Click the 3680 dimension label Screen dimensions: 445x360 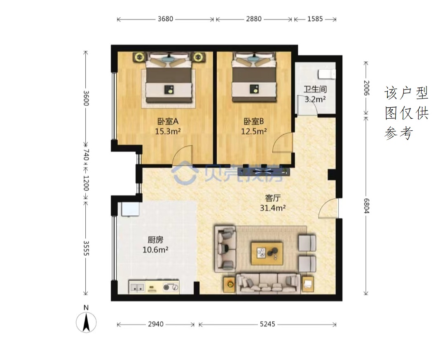pos(166,19)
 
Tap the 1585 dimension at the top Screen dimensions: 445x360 pos(315,19)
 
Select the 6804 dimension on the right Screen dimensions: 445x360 pos(366,206)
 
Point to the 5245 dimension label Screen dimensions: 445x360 pos(267,324)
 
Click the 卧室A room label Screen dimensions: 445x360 pos(168,121)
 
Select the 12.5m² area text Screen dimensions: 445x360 pos(254,131)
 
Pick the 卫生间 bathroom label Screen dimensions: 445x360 pos(315,89)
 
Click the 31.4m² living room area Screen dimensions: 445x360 pos(273,208)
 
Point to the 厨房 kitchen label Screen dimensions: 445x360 pos(155,240)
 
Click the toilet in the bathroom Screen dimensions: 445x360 pos(327,74)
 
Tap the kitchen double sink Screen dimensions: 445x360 pos(137,287)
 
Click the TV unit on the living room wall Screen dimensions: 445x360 pos(264,171)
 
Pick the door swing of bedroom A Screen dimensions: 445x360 pos(183,155)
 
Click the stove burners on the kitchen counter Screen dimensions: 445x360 pos(171,287)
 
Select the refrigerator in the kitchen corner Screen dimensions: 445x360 pos(130,209)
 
